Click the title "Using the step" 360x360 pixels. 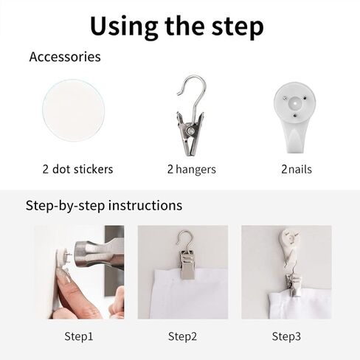(177, 27)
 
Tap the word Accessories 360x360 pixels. (65, 57)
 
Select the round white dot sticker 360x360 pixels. (73, 110)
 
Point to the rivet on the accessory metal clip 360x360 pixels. (190, 131)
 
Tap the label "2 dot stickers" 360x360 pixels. (77, 169)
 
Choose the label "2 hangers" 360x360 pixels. (192, 169)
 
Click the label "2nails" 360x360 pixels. (297, 169)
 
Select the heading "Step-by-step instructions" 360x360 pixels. (104, 205)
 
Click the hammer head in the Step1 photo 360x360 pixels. (98, 255)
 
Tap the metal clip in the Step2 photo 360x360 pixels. (187, 264)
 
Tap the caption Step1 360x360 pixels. (79, 336)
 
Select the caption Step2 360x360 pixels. (182, 336)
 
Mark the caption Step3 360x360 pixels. (286, 336)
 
